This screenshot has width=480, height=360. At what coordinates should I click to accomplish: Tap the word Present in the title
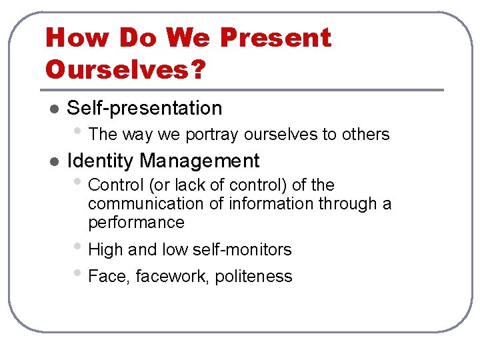tap(275, 38)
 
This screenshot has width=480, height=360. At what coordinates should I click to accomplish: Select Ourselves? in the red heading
tap(125, 69)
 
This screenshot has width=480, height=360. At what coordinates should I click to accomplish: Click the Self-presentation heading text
tap(145, 108)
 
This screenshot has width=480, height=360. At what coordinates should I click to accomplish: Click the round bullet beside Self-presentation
tap(55, 109)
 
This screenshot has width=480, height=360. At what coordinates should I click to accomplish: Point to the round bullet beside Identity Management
tap(55, 161)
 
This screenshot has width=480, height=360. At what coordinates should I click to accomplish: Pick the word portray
tap(212, 135)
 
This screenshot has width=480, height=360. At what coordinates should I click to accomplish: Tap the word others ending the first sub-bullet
tap(365, 134)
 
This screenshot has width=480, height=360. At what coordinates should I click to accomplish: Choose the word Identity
tap(101, 161)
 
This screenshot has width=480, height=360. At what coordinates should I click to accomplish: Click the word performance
tap(136, 222)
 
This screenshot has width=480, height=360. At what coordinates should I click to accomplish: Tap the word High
tap(105, 250)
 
